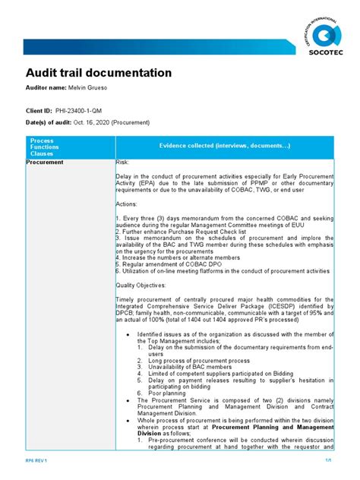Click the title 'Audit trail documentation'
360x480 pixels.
(x=99, y=73)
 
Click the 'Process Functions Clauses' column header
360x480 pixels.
(x=43, y=147)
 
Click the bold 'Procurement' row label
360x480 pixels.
(x=46, y=163)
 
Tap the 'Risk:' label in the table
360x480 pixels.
(x=122, y=163)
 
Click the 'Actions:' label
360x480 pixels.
(x=127, y=205)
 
